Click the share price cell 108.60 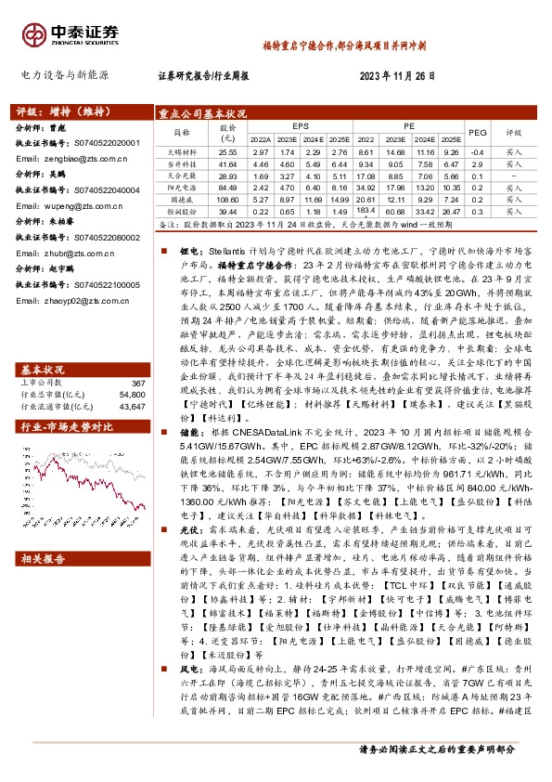[x=227, y=199]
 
